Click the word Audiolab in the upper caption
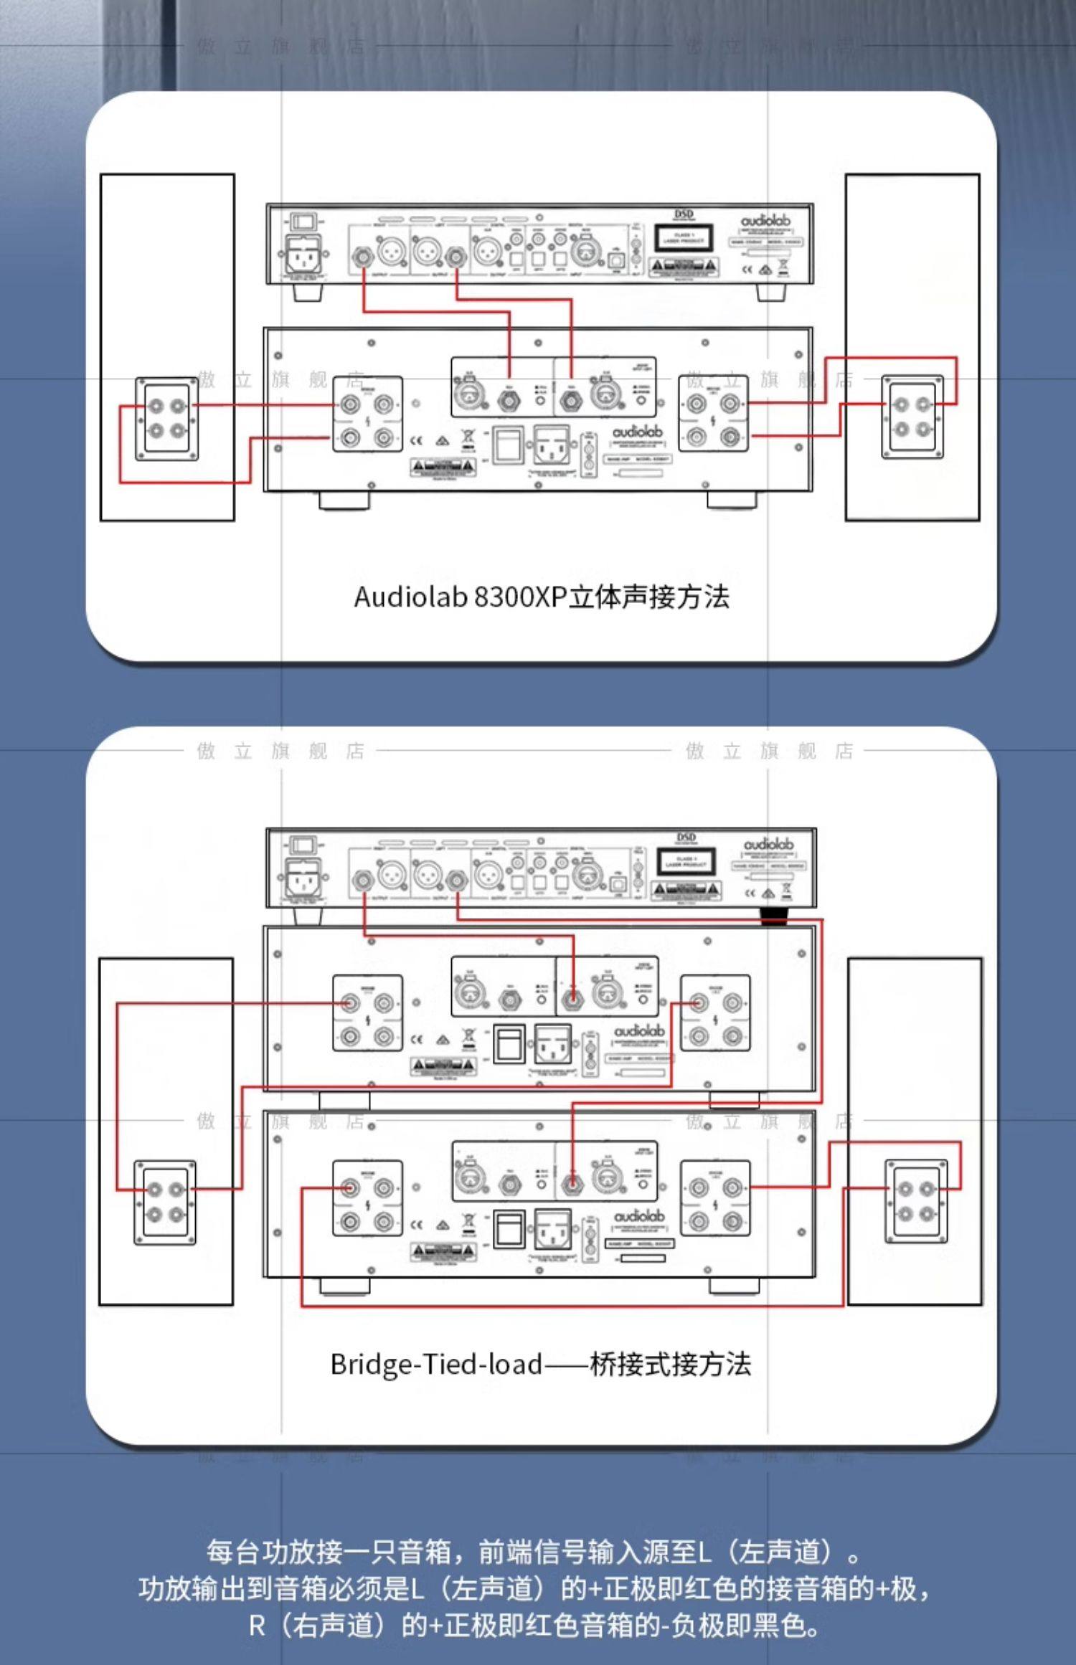pyautogui.click(x=410, y=597)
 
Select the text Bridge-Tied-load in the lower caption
pyautogui.click(x=436, y=1364)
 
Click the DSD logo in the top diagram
pyautogui.click(x=684, y=214)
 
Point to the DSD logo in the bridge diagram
pyautogui.click(x=686, y=838)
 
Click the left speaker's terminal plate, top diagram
pyautogui.click(x=167, y=419)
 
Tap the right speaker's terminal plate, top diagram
pyautogui.click(x=912, y=417)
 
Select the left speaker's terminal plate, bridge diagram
pyautogui.click(x=165, y=1202)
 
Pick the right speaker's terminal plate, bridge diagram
pyautogui.click(x=916, y=1201)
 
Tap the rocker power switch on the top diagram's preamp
pyautogui.click(x=302, y=220)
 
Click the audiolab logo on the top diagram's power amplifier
pyautogui.click(x=637, y=432)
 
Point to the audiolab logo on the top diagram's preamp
pyautogui.click(x=765, y=221)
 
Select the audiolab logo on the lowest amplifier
pyautogui.click(x=639, y=1216)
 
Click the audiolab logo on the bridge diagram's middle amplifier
pyautogui.click(x=639, y=1031)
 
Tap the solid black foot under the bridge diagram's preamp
pyautogui.click(x=774, y=915)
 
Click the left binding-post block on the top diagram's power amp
pyautogui.click(x=367, y=414)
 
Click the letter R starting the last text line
pyautogui.click(x=257, y=1626)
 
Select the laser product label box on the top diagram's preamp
pyautogui.click(x=684, y=238)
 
